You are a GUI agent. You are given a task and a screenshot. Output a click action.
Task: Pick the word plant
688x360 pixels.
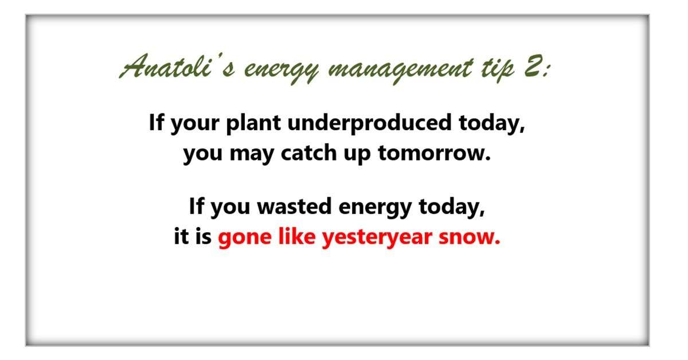(x=253, y=123)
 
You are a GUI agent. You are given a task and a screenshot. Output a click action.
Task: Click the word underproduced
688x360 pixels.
(x=369, y=123)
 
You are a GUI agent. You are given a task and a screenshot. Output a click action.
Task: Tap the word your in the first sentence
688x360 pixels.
(x=195, y=124)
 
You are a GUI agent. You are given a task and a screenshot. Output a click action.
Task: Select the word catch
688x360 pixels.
(x=308, y=152)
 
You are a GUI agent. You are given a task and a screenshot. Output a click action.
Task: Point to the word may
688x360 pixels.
(x=252, y=155)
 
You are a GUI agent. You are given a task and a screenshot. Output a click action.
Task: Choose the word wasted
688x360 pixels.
(x=294, y=206)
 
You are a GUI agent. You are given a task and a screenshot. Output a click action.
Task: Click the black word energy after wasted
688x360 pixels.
(x=375, y=208)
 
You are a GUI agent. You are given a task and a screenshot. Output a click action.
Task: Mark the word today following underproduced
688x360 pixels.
(x=492, y=123)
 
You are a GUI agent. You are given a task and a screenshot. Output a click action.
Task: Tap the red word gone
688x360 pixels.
(x=245, y=238)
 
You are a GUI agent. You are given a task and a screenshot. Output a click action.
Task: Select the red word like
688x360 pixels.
(x=297, y=236)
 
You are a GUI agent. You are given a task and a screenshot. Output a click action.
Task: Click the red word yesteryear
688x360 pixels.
(x=377, y=238)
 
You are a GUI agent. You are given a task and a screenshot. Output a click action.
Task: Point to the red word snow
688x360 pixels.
(x=470, y=238)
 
